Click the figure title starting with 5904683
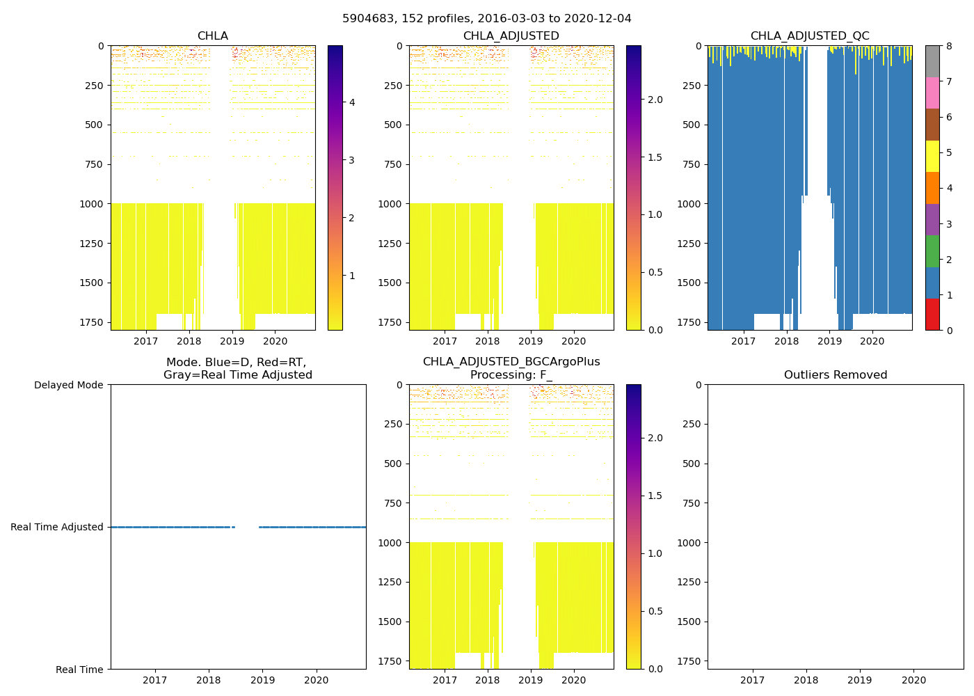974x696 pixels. [487, 19]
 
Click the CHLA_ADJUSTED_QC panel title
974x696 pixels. [809, 36]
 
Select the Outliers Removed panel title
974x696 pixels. [835, 375]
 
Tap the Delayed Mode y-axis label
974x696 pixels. [68, 385]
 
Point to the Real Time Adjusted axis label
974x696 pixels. [57, 527]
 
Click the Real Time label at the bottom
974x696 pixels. [79, 670]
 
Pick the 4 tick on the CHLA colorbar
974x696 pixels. [352, 102]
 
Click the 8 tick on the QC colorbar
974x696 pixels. [948, 46]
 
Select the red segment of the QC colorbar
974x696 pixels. [932, 314]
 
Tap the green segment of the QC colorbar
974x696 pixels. [932, 251]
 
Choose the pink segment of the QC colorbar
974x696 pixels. [932, 93]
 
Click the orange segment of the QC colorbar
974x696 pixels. [932, 188]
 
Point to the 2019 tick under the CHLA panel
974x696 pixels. [232, 341]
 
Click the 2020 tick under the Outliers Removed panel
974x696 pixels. [913, 680]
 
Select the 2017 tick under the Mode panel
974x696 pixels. [154, 680]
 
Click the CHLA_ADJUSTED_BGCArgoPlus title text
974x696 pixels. [511, 362]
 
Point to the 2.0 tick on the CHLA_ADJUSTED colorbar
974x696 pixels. [655, 100]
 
